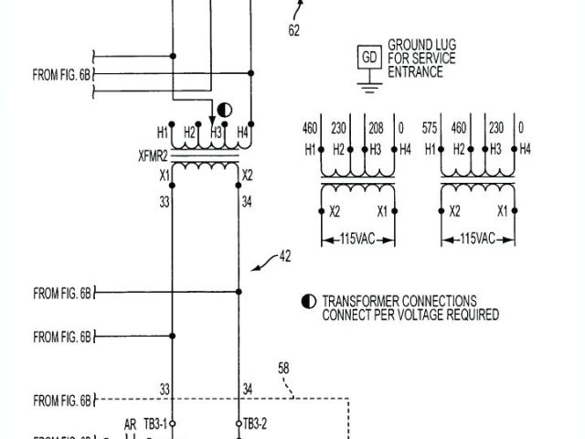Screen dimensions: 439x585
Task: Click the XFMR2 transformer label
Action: click(154, 155)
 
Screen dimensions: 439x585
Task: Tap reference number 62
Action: click(294, 30)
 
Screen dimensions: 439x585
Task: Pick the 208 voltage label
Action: click(375, 127)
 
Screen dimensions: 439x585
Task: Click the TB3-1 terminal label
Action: click(155, 423)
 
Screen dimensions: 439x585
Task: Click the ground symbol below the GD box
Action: click(369, 86)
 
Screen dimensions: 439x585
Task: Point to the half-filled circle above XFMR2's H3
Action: click(225, 111)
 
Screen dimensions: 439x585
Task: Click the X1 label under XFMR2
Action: click(165, 174)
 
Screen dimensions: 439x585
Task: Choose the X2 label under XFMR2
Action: click(249, 174)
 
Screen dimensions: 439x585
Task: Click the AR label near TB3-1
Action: click(131, 423)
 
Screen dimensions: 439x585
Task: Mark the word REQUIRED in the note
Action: click(468, 315)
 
